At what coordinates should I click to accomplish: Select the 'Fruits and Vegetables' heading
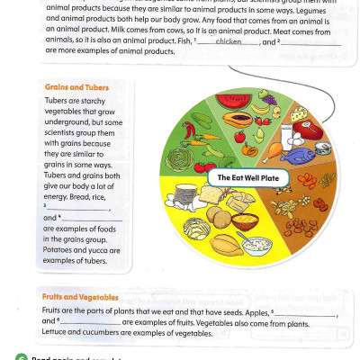coord(80,296)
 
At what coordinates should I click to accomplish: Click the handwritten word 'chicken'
coord(229,41)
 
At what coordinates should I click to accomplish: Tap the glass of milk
coord(285,136)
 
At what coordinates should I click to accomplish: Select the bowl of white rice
coord(244,220)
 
